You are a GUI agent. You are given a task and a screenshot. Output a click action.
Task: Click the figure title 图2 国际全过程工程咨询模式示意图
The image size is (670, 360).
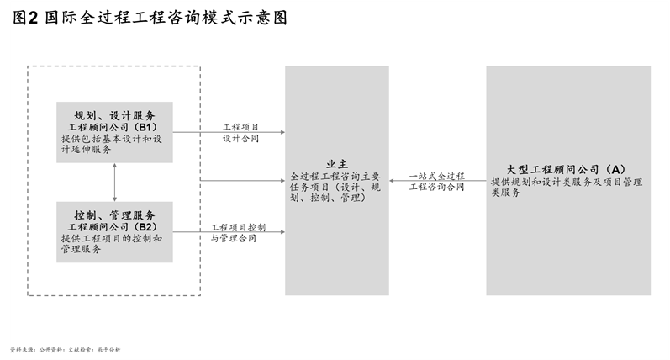pyautogui.click(x=150, y=18)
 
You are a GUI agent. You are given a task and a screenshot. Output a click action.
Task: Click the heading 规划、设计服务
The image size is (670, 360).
pyautogui.click(x=114, y=116)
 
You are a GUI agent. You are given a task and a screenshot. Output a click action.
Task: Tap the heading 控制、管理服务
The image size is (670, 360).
pyautogui.click(x=114, y=216)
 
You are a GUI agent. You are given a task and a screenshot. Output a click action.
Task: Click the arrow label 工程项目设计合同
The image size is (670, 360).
pyautogui.click(x=240, y=133)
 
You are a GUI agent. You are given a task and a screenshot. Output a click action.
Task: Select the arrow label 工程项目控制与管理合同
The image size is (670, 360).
pyautogui.click(x=238, y=233)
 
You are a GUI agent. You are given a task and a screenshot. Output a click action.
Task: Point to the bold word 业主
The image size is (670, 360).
pyautogui.click(x=337, y=166)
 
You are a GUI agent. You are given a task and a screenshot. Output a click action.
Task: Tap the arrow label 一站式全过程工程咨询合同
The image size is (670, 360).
pyautogui.click(x=436, y=181)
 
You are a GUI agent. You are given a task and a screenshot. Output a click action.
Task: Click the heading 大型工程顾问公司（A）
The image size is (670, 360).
pyautogui.click(x=568, y=169)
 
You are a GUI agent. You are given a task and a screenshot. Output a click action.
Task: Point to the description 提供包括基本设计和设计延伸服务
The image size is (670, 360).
pyautogui.click(x=115, y=144)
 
